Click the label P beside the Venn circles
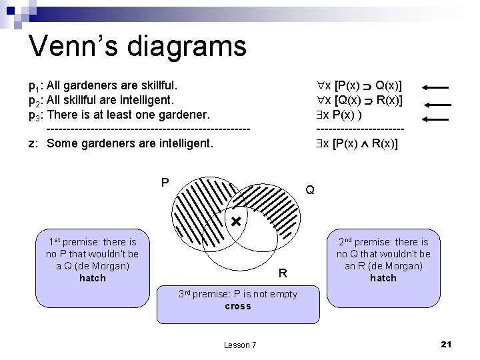coord(165,181)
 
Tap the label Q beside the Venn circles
coord(310,190)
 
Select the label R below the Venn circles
coord(283,273)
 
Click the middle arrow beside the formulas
coord(438,103)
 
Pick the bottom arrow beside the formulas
coord(438,118)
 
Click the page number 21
coord(447,344)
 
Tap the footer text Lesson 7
coord(239,345)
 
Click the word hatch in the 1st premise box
coord(92,278)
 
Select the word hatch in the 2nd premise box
coord(383,278)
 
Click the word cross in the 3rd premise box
coord(238,306)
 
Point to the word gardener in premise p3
coord(201,115)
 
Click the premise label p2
coord(34,101)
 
